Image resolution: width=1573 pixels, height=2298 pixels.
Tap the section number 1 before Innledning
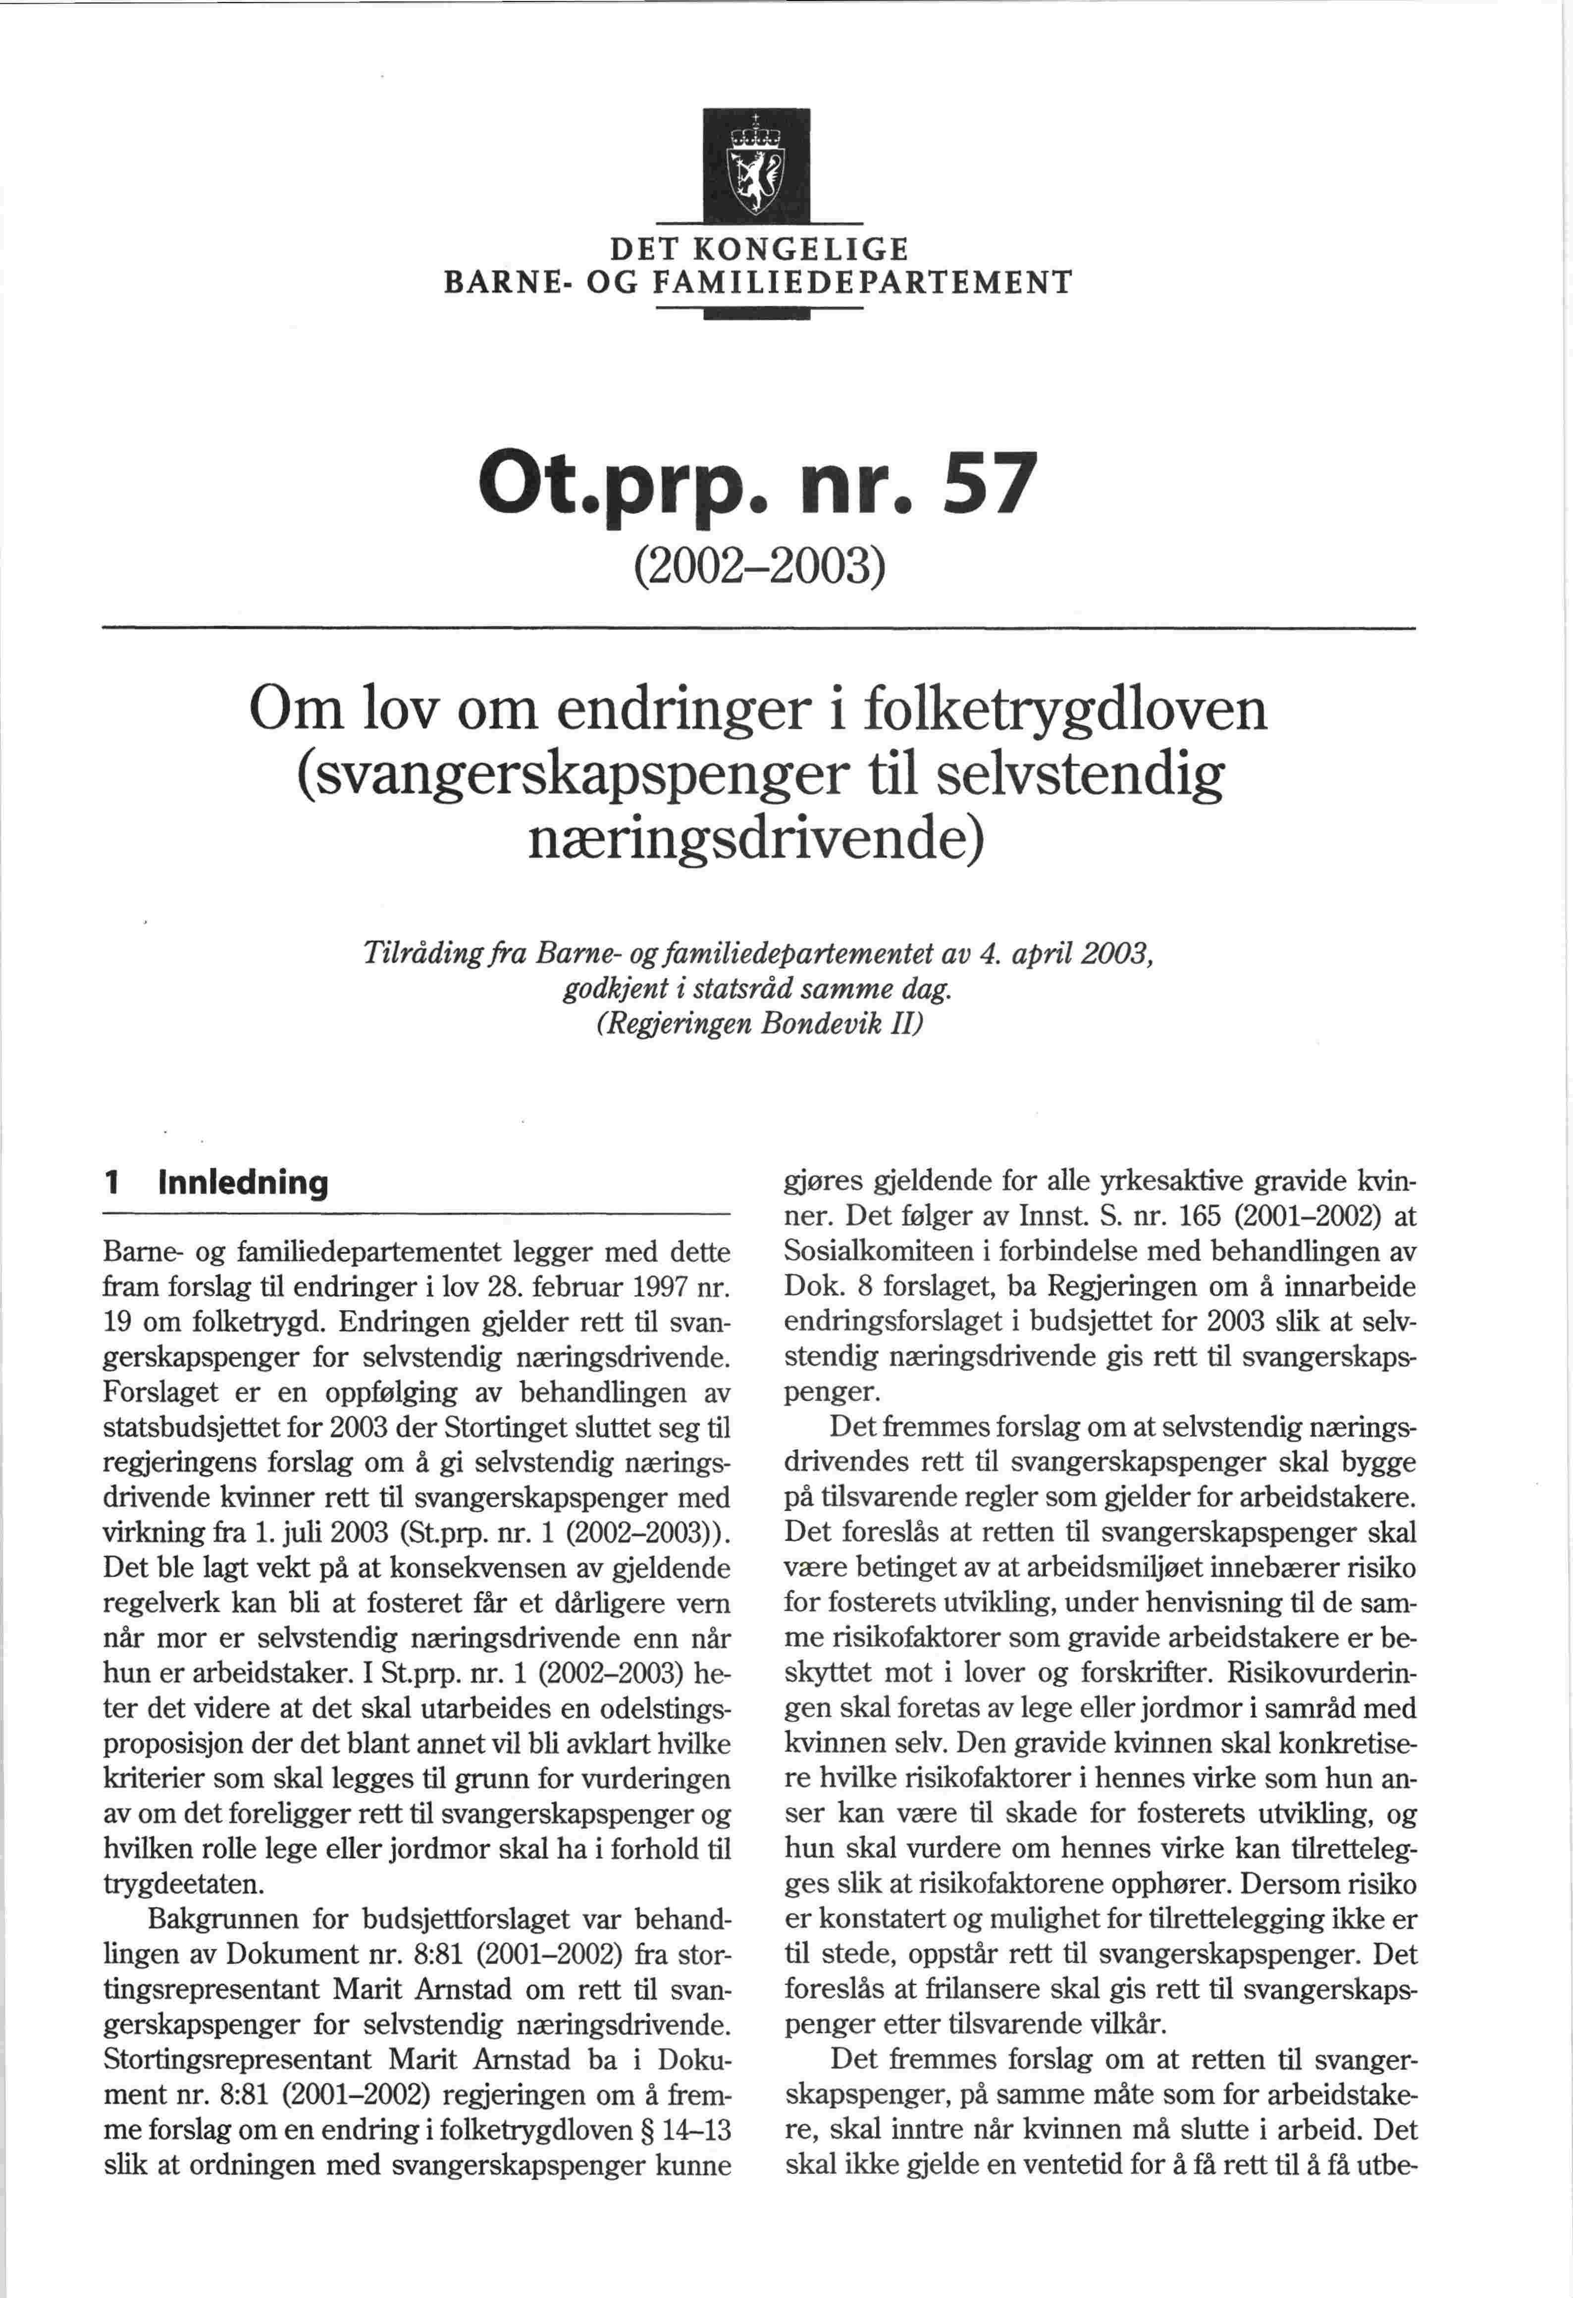[112, 1183]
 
